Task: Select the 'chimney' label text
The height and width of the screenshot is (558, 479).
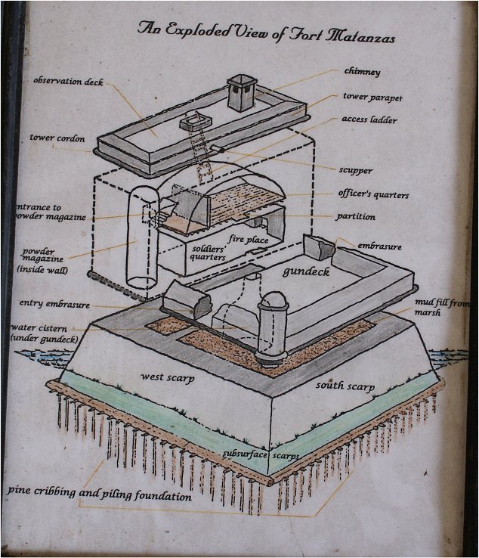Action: [362, 72]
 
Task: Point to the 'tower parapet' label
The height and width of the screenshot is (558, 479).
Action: [372, 97]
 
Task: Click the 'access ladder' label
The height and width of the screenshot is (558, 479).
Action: [369, 119]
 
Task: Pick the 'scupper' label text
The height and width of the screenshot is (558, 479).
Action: [355, 170]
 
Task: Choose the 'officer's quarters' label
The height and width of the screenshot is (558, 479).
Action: [373, 194]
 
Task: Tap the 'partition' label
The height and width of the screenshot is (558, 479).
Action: [356, 217]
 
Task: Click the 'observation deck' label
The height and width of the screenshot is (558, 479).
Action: [68, 81]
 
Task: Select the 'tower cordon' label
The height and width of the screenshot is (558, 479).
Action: [57, 138]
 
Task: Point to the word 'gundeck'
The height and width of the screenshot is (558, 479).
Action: [306, 272]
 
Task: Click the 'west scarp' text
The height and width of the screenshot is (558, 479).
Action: [167, 377]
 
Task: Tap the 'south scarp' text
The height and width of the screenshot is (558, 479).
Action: [345, 386]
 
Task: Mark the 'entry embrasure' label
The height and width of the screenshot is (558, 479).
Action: [54, 303]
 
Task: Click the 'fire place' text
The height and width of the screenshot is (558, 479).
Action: [249, 240]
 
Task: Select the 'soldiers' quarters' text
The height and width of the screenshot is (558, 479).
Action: [209, 253]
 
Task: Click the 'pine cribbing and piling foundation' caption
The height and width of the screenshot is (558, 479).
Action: [100, 493]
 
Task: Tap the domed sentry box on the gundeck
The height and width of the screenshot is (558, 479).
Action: [273, 327]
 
